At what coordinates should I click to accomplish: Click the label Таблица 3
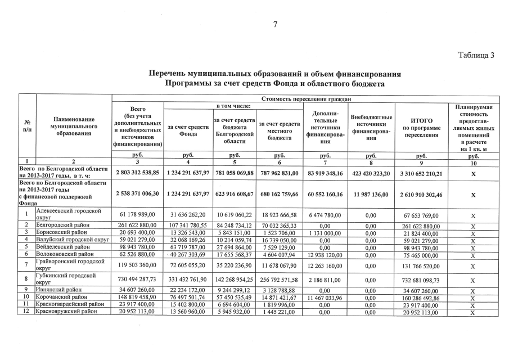click(x=476, y=55)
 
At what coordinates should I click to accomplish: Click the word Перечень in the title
click(x=168, y=74)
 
